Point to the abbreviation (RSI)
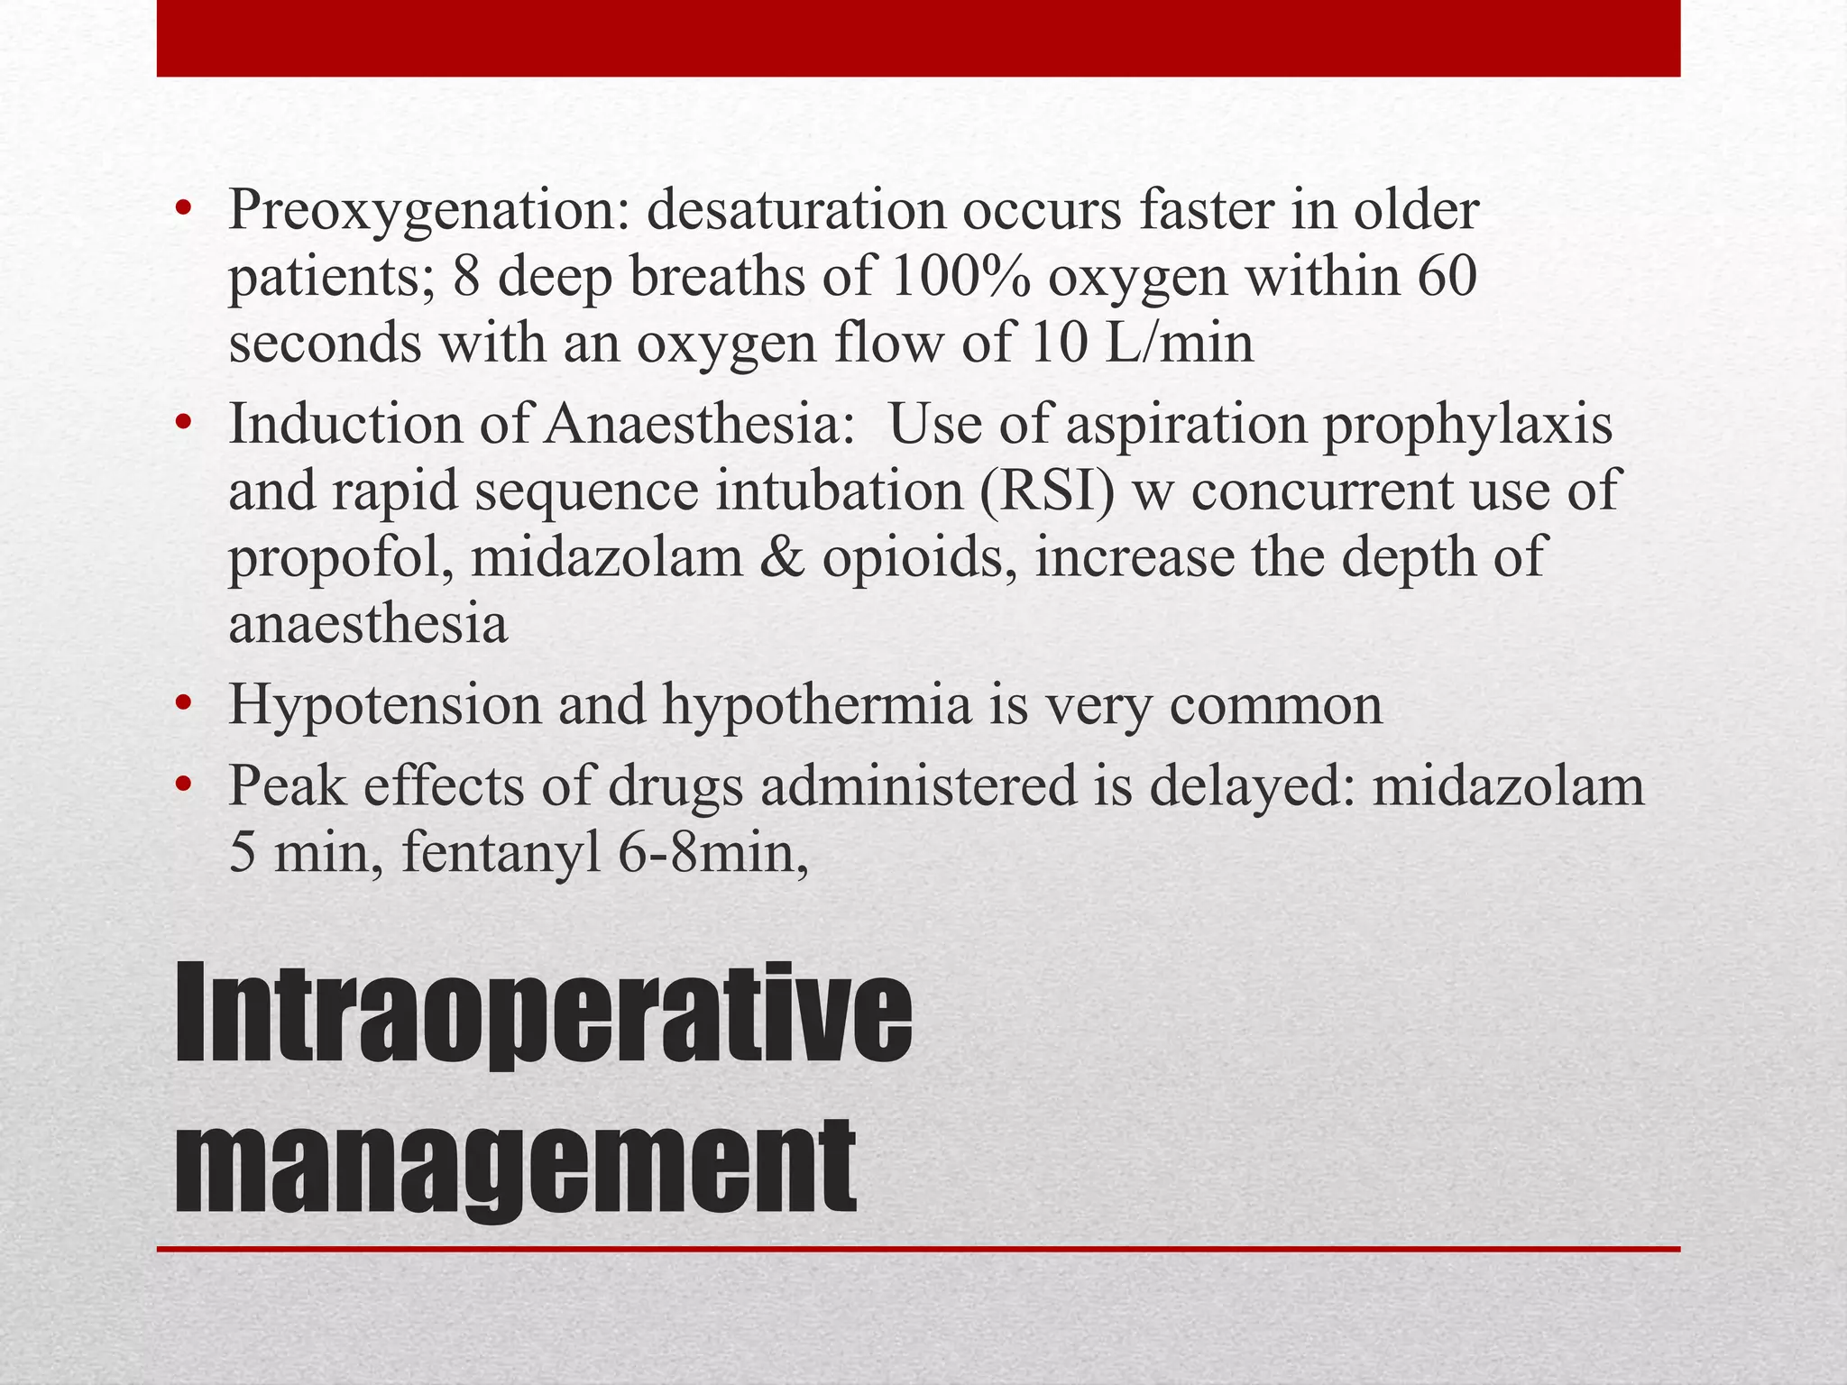click(1048, 491)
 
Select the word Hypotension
click(384, 705)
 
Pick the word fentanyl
click(501, 853)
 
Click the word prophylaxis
click(1467, 424)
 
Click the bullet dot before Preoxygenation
click(184, 211)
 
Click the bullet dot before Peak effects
click(184, 784)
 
